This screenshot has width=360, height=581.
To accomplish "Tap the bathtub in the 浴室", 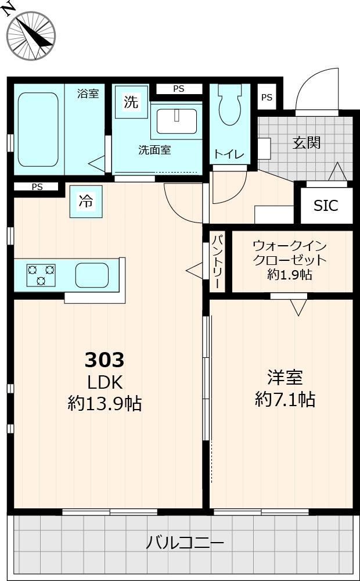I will [38, 129].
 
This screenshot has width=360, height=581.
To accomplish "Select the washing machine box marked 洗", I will [131, 102].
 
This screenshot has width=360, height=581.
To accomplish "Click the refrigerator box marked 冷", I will [86, 202].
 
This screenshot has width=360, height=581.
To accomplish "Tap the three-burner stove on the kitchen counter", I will [41, 274].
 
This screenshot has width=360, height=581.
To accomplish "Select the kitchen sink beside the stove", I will [92, 274].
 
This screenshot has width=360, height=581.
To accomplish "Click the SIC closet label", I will [325, 205].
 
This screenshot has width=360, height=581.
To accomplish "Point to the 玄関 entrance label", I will [306, 142].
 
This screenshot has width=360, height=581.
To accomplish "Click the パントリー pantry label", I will [217, 261].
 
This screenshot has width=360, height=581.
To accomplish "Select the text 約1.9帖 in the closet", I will [290, 275].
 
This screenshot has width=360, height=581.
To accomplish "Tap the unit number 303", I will [105, 360].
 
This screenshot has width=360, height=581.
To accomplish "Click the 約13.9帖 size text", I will [105, 403].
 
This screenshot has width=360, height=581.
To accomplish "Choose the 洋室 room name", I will [285, 378].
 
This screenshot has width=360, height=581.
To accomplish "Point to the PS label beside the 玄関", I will [267, 98].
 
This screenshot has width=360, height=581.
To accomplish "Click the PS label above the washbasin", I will [178, 89].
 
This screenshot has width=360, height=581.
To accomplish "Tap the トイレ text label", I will [229, 155].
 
